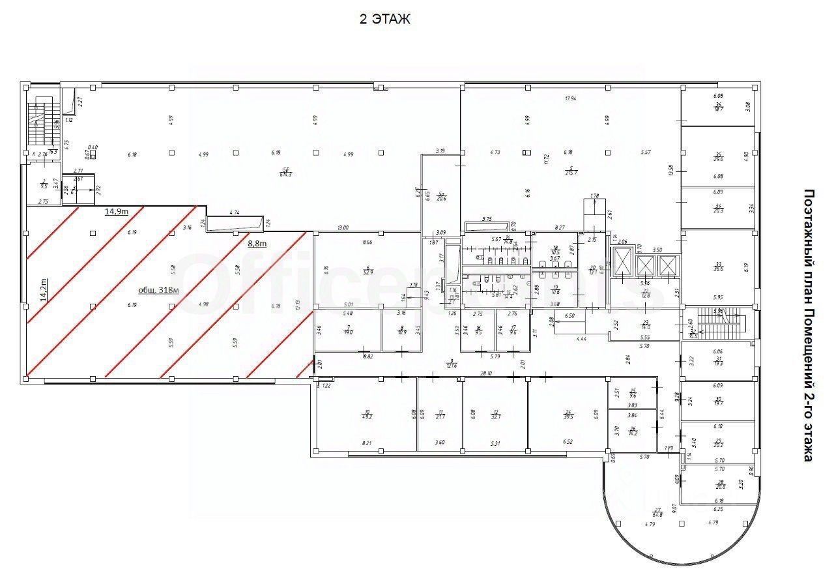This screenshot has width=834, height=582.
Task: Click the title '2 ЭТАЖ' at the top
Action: pos(385,20)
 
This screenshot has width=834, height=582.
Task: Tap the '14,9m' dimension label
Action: pos(116,211)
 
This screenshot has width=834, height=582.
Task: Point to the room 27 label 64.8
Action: pos(657,514)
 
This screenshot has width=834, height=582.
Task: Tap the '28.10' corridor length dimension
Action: pos(485,374)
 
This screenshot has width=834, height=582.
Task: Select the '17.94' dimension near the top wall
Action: pos(571,98)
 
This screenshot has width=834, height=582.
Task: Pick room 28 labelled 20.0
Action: pos(720,485)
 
